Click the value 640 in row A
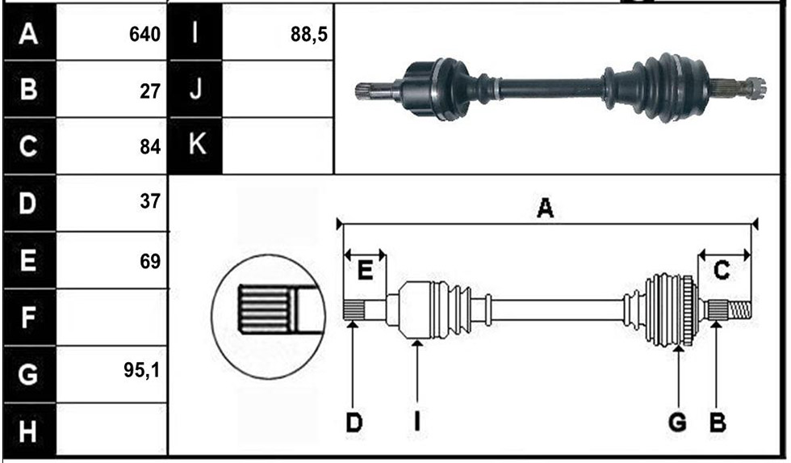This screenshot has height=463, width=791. coord(144,35)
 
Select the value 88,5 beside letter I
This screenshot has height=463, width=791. coord(308,35)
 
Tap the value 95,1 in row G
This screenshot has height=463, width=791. coord(141,371)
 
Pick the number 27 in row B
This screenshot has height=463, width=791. coord(150,91)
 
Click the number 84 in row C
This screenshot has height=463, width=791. coord(150,147)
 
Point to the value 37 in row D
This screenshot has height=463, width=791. coord(150,201)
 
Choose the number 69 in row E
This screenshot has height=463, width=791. coord(150,262)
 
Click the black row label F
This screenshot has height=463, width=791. coord(29,318)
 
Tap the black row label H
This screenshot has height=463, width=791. coord(29,431)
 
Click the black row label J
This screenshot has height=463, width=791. coord(195,90)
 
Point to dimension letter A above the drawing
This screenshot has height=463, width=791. coord(546,208)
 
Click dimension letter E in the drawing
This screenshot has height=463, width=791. coord(365,271)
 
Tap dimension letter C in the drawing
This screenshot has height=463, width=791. coord(722,270)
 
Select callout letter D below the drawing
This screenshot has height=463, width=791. coord(354,422)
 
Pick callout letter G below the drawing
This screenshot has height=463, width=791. coord(677,422)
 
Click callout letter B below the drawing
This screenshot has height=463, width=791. coord(718,422)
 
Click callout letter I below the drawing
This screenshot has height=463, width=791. coord(417,422)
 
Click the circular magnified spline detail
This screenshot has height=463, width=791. coord(268,317)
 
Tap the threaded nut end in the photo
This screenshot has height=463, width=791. coord(755,88)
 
